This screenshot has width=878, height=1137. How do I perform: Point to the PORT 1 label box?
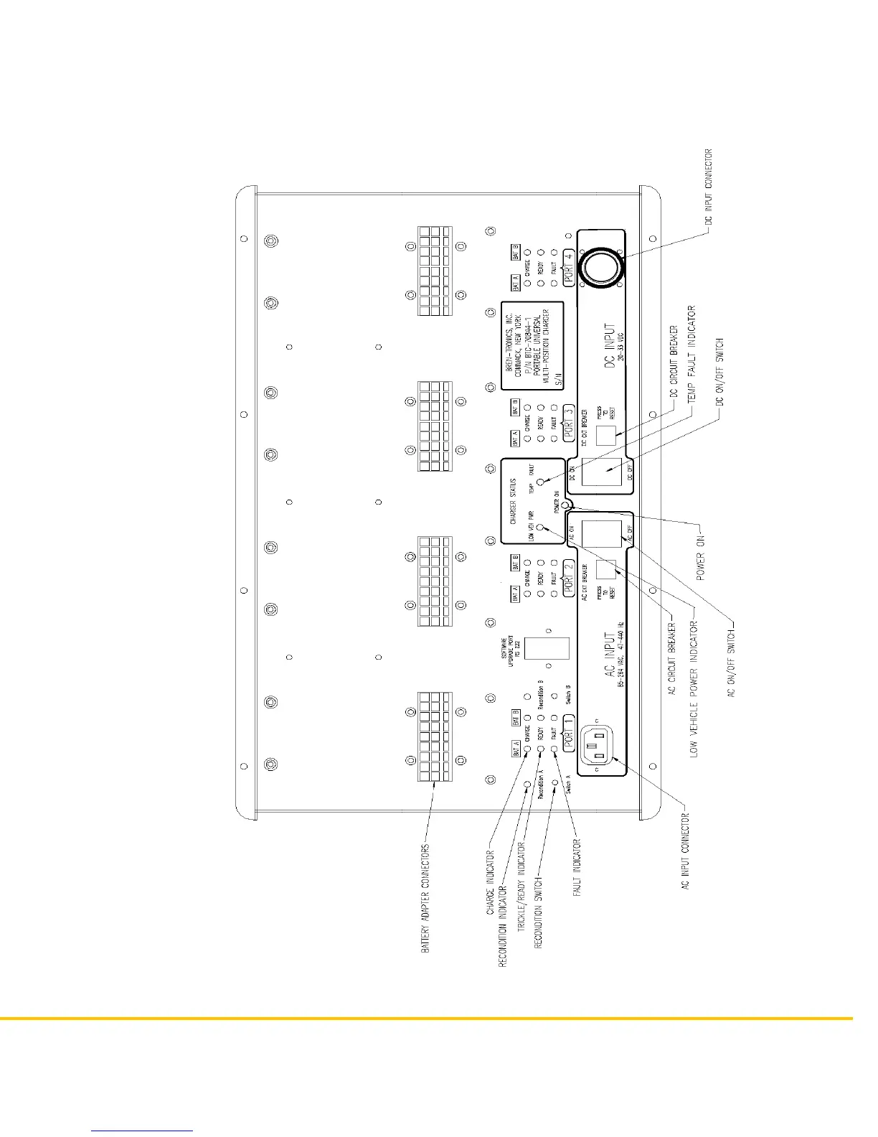[x=568, y=733]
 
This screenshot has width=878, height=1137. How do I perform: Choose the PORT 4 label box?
[x=568, y=267]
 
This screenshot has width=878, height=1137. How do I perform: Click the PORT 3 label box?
[x=568, y=422]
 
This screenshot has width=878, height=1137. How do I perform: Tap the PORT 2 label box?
[x=568, y=576]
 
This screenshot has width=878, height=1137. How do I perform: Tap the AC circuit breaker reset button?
[x=606, y=569]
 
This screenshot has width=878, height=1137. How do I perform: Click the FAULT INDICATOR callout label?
[x=577, y=868]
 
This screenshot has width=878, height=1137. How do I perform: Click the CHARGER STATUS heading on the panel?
[x=514, y=498]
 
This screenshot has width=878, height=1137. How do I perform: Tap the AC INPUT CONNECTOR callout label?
[x=686, y=853]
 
